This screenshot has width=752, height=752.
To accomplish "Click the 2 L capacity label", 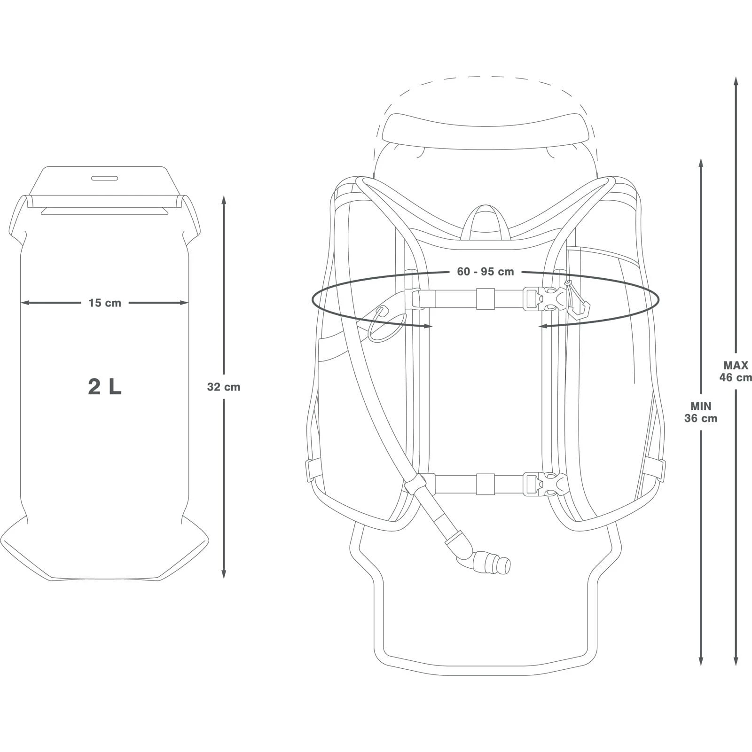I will click(x=104, y=387).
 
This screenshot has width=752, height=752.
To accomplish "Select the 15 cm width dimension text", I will click(x=104, y=303).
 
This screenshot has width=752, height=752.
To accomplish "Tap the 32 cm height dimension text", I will click(x=223, y=387).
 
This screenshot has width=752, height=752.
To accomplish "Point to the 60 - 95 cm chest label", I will click(x=485, y=272).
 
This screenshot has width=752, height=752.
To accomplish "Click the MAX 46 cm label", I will click(x=736, y=371).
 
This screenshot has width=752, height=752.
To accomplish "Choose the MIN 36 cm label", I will click(x=701, y=412).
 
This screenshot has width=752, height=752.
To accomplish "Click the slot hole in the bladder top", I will click(x=104, y=179).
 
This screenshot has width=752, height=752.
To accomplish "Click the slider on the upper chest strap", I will click(x=485, y=299).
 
